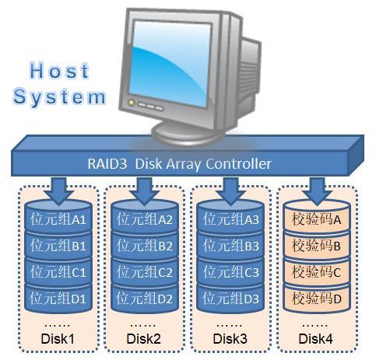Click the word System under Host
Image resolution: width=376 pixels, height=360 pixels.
tap(59, 97)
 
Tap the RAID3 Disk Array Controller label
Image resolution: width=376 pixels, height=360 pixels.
tap(179, 164)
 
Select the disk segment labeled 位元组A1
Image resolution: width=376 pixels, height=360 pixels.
tap(58, 220)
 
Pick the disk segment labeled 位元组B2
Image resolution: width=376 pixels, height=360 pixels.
tap(144, 246)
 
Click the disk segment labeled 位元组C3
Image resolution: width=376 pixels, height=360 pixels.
tap(230, 273)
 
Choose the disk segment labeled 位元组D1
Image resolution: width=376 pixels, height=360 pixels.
tap(58, 299)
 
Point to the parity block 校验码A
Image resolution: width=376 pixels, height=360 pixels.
tap(316, 220)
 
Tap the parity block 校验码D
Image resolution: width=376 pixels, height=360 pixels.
tap(316, 299)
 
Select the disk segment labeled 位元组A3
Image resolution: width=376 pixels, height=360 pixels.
tap(230, 220)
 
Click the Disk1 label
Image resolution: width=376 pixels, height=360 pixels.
tap(57, 339)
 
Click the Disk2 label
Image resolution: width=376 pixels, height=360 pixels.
tap(144, 339)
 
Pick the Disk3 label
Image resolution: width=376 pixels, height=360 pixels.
tap(230, 339)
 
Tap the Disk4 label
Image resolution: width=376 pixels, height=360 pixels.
tap(316, 339)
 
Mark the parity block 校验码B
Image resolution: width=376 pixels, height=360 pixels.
tap(316, 246)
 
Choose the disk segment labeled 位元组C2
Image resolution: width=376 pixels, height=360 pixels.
tap(144, 273)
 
